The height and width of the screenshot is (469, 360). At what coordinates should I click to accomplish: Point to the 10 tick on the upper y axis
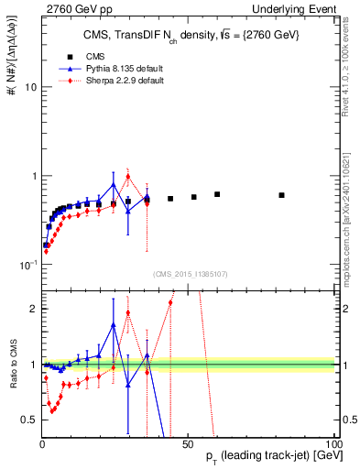(29, 87)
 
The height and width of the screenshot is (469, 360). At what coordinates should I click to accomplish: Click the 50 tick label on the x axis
(188, 442)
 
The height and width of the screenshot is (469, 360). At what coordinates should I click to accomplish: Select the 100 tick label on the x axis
(332, 442)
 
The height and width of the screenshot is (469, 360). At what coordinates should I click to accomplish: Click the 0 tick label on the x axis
(42, 442)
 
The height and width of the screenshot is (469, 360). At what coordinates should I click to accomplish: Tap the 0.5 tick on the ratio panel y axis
(29, 420)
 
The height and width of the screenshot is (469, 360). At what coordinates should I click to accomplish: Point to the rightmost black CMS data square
(282, 195)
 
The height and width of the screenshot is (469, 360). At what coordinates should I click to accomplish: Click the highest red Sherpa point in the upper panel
(128, 177)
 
